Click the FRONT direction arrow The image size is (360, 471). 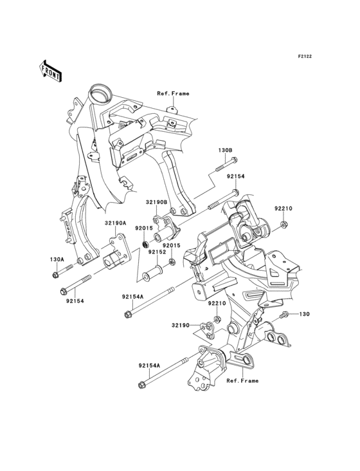coord(50,71)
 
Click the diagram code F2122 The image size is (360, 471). coord(305,56)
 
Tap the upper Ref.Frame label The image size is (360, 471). coord(173,94)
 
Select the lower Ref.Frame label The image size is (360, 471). coord(242,381)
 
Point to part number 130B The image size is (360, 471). coord(225,150)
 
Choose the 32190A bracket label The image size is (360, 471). coord(116,223)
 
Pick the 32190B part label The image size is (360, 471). coord(156,202)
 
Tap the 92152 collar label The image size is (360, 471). coord(156,252)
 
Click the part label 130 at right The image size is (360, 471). coord(305,314)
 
